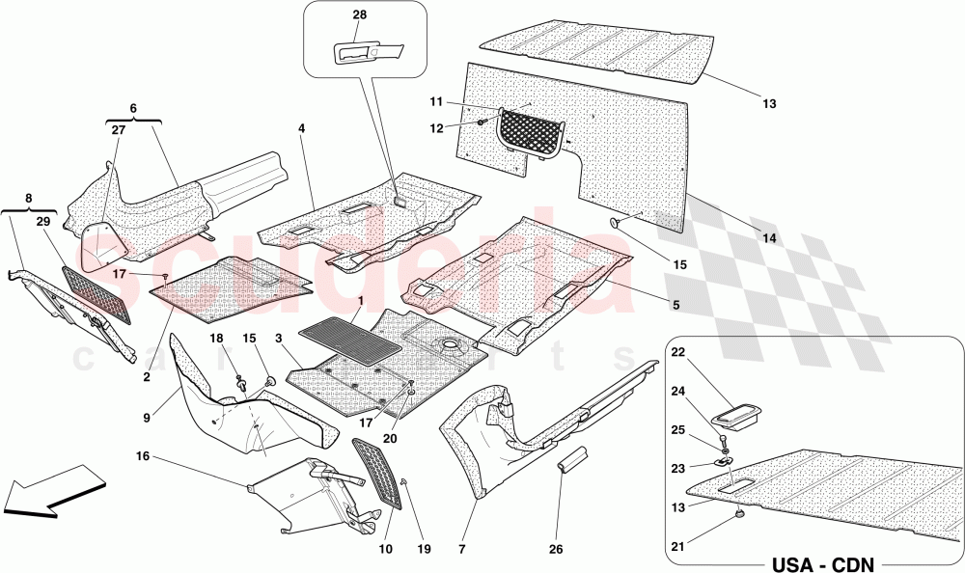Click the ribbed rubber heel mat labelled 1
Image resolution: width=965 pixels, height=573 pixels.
tap(350, 339)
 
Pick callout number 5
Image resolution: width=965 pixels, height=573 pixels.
tap(675, 306)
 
